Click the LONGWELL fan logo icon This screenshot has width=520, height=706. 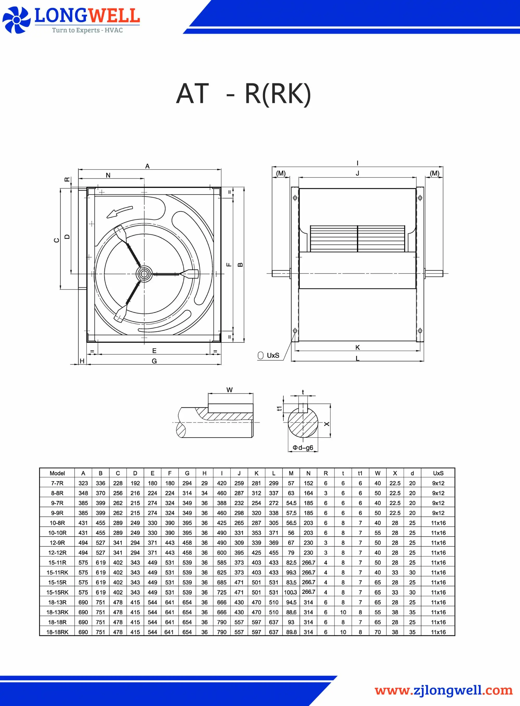click(16, 20)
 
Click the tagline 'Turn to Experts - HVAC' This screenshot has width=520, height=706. click(87, 30)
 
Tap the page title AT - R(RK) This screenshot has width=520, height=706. click(243, 94)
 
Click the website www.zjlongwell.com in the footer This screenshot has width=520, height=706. click(444, 690)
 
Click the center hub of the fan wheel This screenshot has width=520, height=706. click(144, 274)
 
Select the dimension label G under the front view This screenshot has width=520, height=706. click(154, 361)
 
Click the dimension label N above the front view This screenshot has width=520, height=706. click(108, 175)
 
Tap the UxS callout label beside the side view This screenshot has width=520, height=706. click(272, 355)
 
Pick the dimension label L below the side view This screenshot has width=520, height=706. click(357, 358)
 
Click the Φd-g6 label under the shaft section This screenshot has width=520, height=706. click(303, 447)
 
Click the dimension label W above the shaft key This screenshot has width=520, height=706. click(230, 390)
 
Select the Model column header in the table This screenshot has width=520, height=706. click(57, 473)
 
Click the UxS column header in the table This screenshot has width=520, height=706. click(438, 473)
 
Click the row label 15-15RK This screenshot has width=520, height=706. click(57, 592)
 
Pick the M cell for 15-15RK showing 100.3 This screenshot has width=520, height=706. click(290, 592)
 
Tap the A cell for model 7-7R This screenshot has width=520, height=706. click(83, 483)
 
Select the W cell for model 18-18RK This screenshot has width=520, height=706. click(378, 632)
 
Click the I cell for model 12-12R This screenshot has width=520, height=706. click(222, 553)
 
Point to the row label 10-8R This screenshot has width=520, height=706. click(57, 523)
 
